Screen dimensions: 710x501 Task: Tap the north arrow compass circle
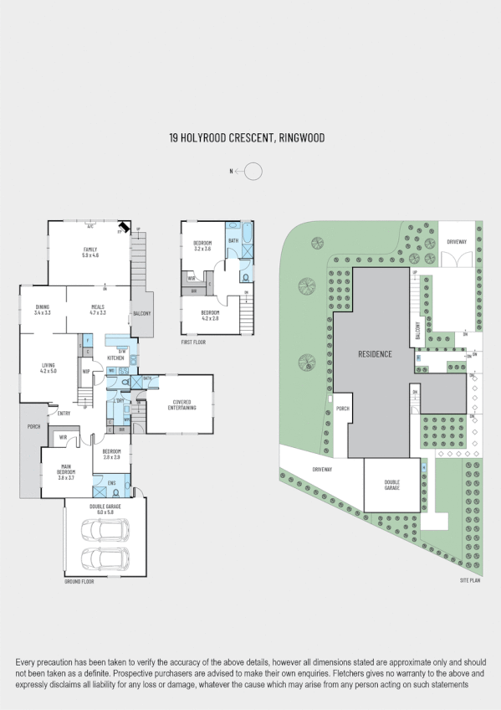click(x=253, y=172)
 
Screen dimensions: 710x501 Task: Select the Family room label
click(x=89, y=252)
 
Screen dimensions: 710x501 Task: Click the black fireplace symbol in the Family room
click(x=124, y=227)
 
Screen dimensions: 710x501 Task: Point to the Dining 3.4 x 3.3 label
click(x=43, y=309)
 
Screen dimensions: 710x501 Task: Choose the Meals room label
click(x=98, y=309)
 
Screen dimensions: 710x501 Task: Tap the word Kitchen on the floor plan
click(x=115, y=358)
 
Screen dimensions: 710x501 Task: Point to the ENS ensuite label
click(x=110, y=482)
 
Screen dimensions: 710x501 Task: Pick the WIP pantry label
click(x=86, y=373)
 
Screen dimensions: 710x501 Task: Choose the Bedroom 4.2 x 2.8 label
click(x=206, y=316)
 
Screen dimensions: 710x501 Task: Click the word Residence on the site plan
click(x=375, y=354)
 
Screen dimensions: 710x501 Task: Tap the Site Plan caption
click(x=469, y=579)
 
